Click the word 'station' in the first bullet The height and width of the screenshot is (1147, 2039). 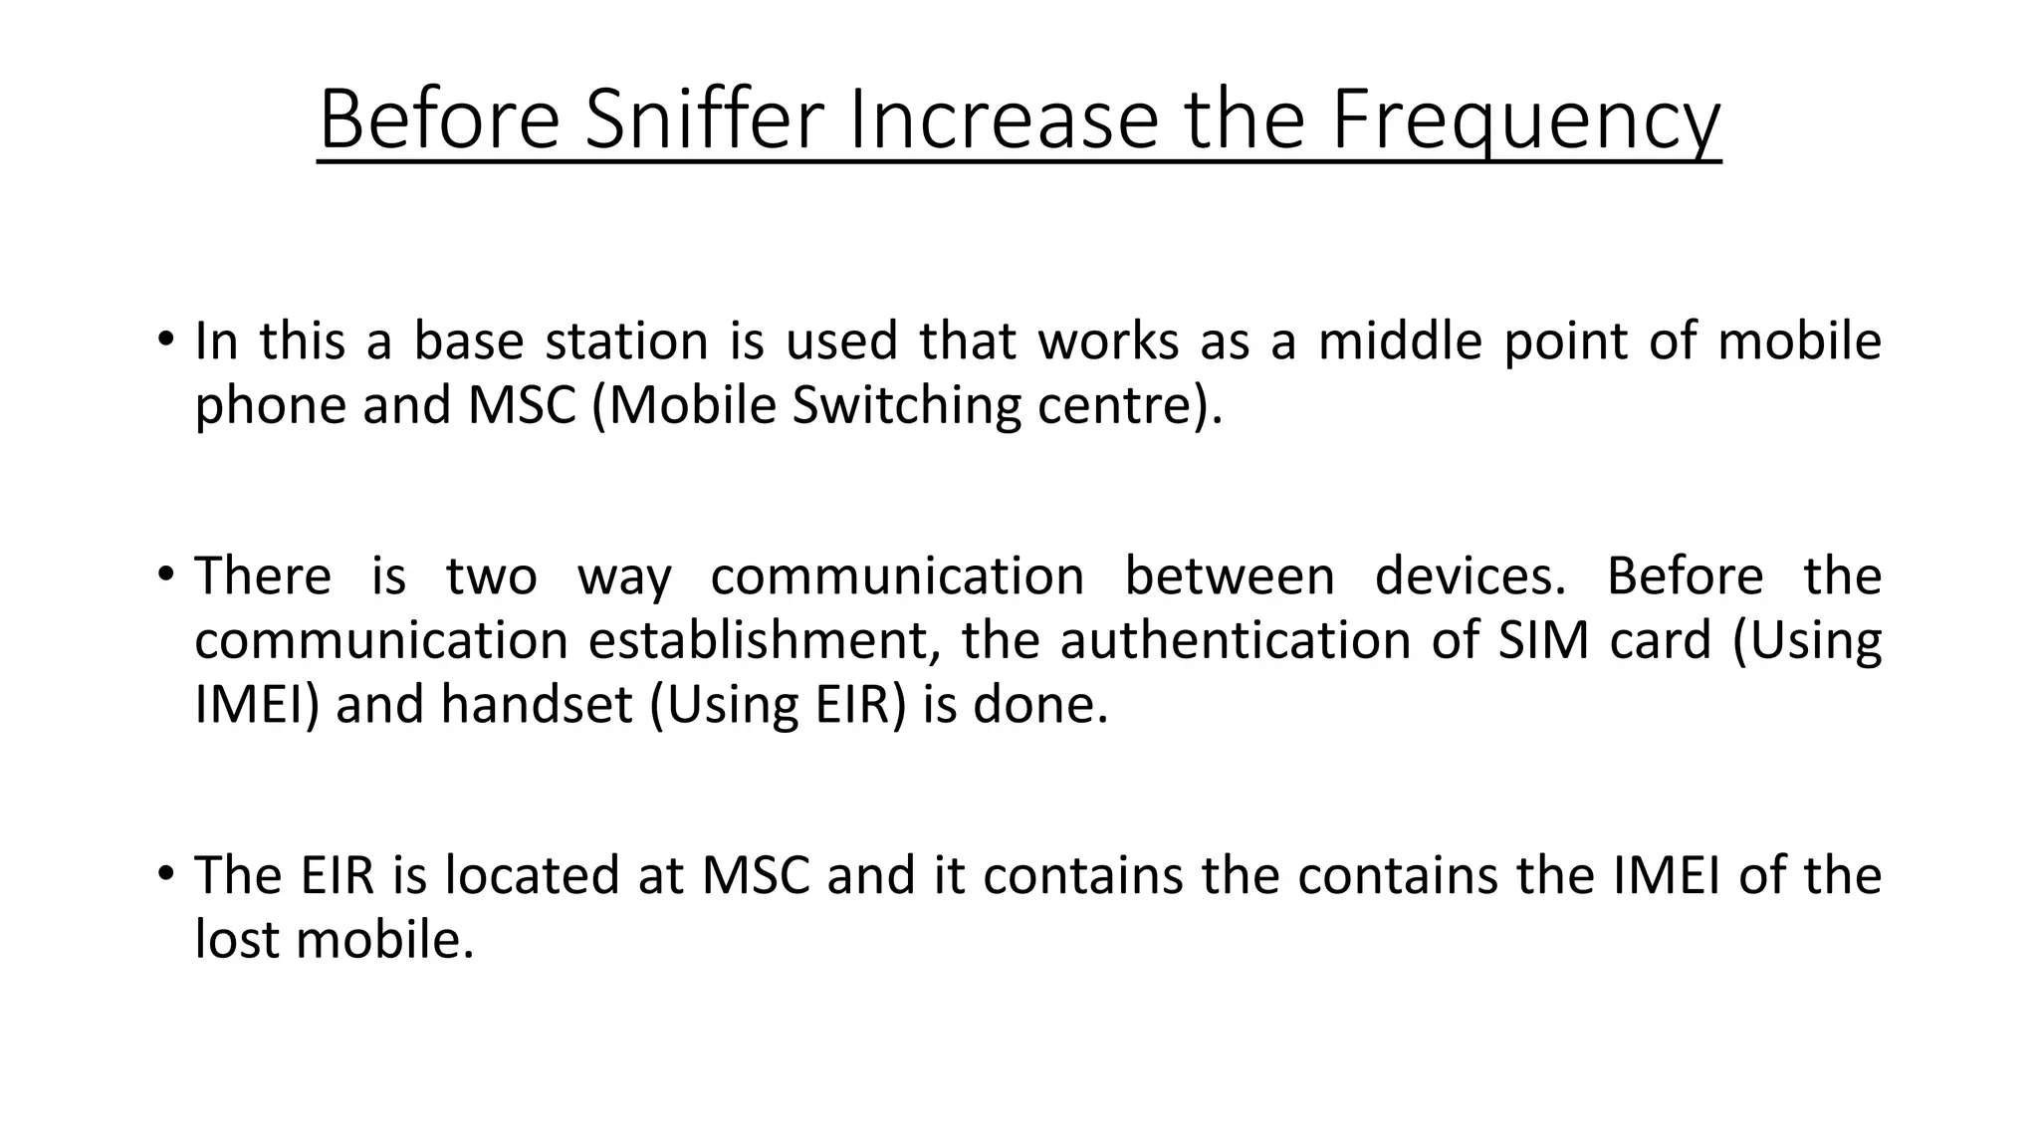tap(626, 341)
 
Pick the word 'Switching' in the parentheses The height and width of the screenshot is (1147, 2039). tap(906, 406)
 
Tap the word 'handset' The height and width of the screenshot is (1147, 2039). tap(536, 704)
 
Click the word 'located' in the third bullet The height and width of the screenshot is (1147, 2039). tap(564, 875)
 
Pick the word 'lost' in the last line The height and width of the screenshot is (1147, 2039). tap(237, 939)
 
